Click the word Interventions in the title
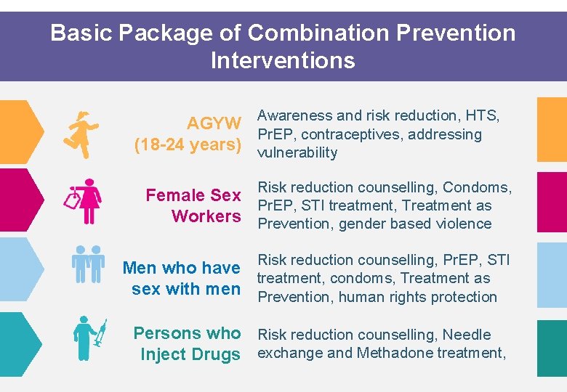(x=283, y=60)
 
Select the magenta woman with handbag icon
(x=86, y=202)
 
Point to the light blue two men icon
(x=88, y=264)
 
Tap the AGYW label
(x=214, y=123)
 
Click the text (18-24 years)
(x=188, y=144)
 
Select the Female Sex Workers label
(x=193, y=205)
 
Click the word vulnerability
(x=297, y=152)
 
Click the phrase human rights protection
(x=418, y=296)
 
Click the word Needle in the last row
(x=467, y=335)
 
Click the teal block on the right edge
(x=552, y=348)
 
